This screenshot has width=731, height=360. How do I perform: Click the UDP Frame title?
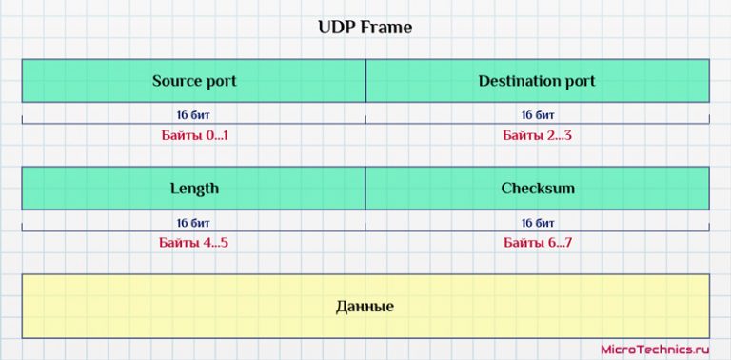365,28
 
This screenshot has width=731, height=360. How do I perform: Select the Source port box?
193,81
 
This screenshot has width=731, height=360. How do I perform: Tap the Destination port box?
537,81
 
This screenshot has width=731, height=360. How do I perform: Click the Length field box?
193,188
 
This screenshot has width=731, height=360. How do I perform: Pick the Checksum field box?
537,188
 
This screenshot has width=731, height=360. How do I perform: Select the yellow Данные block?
365,306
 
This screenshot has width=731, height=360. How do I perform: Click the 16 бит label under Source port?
193,115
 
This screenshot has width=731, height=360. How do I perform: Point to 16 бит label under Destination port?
538,115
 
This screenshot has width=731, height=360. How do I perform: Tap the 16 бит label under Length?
193,223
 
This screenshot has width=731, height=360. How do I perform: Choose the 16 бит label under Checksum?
538,223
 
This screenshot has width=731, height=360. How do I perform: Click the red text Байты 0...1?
193,135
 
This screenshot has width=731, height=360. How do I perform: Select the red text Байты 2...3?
538,135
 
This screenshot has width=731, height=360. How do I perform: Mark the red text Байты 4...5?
193,243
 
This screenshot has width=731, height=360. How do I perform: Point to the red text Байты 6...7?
538,243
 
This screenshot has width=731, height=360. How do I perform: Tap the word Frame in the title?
386,28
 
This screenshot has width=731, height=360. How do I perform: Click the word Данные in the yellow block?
365,307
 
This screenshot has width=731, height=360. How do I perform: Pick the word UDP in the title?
335,28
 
